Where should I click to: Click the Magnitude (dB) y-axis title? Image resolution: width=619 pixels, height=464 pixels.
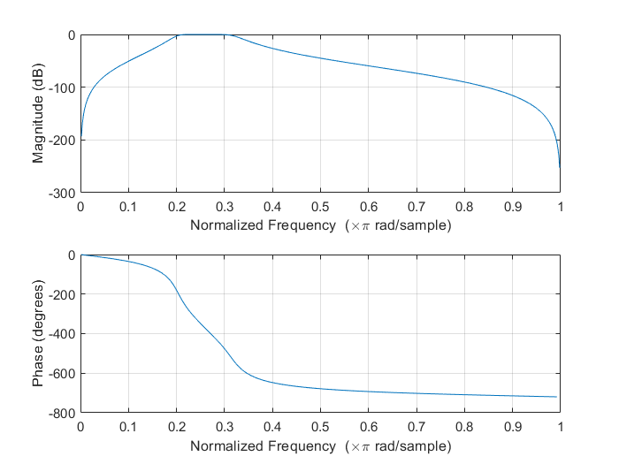pyautogui.click(x=38, y=113)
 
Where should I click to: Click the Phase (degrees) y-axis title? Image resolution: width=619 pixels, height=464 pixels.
pyautogui.click(x=38, y=334)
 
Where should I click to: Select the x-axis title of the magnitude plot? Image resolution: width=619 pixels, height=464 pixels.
pyautogui.click(x=320, y=225)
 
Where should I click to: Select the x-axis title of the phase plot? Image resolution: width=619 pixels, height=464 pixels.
pyautogui.click(x=320, y=446)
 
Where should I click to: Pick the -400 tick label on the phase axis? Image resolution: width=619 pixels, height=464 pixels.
pyautogui.click(x=62, y=334)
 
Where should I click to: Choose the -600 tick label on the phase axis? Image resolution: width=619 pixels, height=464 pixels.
pyautogui.click(x=62, y=374)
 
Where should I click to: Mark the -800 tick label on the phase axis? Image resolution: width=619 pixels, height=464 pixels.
pyautogui.click(x=62, y=414)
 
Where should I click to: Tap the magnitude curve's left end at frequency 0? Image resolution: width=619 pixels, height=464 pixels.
pyautogui.click(x=81, y=137)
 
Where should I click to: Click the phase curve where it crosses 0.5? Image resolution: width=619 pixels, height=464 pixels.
pyautogui.click(x=320, y=389)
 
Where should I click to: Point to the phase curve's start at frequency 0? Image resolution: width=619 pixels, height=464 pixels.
pyautogui.click(x=81, y=255)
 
